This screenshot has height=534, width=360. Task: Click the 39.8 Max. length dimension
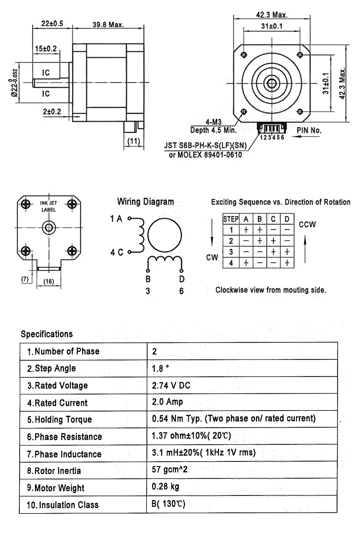(108, 25)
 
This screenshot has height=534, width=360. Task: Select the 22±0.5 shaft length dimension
(52, 24)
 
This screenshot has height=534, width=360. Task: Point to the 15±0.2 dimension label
(46, 49)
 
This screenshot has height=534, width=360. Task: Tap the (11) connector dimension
(134, 141)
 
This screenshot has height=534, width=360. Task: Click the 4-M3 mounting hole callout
(213, 122)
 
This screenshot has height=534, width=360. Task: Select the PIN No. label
(309, 130)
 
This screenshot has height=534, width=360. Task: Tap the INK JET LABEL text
(48, 206)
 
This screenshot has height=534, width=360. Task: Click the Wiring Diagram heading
(145, 202)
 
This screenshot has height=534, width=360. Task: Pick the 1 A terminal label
(116, 218)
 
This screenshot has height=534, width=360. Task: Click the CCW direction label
(307, 225)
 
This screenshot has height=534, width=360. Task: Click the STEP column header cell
(231, 219)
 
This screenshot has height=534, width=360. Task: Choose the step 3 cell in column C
(273, 252)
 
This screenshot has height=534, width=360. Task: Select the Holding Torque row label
(59, 420)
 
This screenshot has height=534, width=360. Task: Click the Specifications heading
(47, 334)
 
